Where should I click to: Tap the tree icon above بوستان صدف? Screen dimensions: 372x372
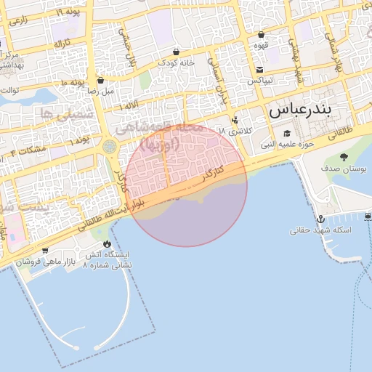coord(344,157)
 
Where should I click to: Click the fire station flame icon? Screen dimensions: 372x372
coord(108,244)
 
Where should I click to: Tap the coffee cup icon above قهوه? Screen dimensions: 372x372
coord(261,34)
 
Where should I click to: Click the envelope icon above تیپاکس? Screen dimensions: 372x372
coord(259,69)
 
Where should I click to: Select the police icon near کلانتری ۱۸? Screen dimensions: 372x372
coord(234,120)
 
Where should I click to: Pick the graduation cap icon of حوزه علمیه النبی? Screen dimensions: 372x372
coord(287,133)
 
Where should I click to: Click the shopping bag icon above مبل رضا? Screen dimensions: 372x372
coord(100,81)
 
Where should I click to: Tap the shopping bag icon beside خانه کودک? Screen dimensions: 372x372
coord(177,52)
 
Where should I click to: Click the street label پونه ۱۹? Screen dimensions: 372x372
coord(68,12)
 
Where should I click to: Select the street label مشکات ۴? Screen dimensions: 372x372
coord(28,150)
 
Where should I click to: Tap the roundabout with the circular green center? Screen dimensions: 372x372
coord(110,147)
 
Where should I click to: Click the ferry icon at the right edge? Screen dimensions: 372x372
coord(368,216)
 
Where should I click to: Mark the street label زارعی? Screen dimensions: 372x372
coord(20,21)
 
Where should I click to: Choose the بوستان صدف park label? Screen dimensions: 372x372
coord(344,169)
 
